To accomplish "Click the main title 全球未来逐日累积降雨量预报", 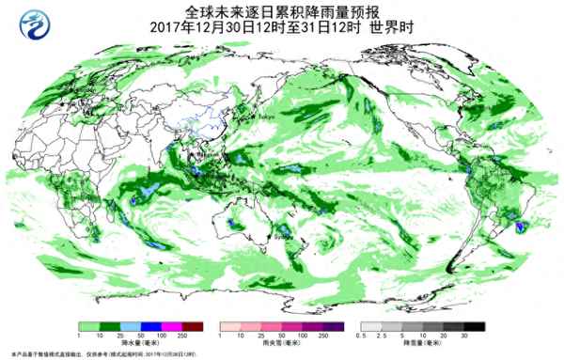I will coord(282,11).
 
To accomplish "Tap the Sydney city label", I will coord(279,237).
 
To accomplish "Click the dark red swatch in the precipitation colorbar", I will coord(193,326).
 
